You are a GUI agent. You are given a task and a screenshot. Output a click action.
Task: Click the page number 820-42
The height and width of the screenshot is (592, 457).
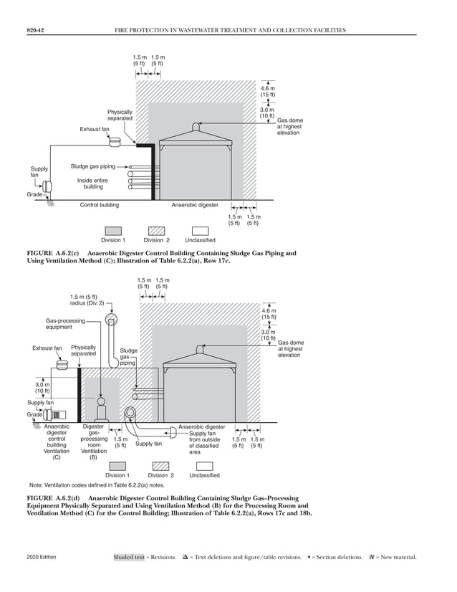[36, 30]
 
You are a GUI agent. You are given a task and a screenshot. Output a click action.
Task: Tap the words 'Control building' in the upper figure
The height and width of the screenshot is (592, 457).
[100, 205]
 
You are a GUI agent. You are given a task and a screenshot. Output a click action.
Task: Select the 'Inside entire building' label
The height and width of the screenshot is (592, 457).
[93, 183]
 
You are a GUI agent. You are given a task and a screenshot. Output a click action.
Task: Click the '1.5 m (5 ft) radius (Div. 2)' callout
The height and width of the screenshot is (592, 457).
[87, 300]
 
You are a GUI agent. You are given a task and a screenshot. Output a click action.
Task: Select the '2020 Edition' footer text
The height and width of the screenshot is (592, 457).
[42, 557]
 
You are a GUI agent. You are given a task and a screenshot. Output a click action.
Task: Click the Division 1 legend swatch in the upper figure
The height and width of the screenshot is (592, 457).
[113, 231]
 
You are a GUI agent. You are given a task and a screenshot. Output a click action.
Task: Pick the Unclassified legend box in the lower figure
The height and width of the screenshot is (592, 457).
[205, 466]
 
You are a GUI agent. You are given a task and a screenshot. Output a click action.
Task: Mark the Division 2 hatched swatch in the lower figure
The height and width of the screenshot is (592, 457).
[158, 466]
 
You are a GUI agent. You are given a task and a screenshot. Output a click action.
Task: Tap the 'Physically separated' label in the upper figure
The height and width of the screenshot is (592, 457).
[120, 115]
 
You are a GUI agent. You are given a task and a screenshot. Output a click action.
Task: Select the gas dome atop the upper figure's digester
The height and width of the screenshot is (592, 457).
[196, 127]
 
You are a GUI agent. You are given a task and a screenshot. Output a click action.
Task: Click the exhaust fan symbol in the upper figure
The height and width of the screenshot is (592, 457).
[114, 143]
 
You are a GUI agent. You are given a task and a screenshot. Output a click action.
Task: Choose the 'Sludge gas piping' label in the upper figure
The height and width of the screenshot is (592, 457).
[92, 166]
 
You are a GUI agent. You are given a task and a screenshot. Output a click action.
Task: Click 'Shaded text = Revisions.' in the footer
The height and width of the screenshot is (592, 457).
[144, 557]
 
